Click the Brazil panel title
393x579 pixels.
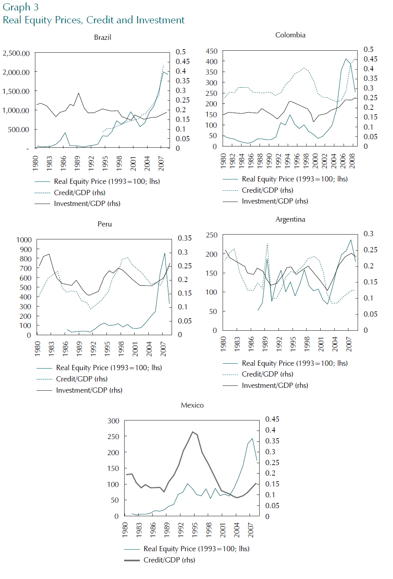click(102, 37)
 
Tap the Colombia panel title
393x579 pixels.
click(290, 35)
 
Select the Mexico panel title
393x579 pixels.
click(192, 405)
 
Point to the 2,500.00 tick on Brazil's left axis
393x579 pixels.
click(16, 53)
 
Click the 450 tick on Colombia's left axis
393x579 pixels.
click(211, 51)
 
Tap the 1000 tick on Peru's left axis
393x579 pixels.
click(24, 240)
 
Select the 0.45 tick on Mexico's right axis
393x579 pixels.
click(272, 419)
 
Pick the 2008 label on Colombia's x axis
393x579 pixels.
click(352, 161)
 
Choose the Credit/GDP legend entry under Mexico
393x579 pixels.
click(160, 560)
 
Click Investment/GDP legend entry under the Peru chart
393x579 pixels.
click(80, 390)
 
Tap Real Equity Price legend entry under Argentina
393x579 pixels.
click(285, 363)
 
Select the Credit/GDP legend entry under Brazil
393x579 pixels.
click(70, 193)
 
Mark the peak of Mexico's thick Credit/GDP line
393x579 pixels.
click(192, 432)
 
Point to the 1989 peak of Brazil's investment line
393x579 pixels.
click(78, 93)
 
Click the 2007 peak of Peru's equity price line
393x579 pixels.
click(165, 253)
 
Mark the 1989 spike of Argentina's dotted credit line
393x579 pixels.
click(267, 243)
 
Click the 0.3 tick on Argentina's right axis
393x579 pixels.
click(368, 234)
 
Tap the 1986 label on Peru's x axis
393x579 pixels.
click(65, 349)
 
